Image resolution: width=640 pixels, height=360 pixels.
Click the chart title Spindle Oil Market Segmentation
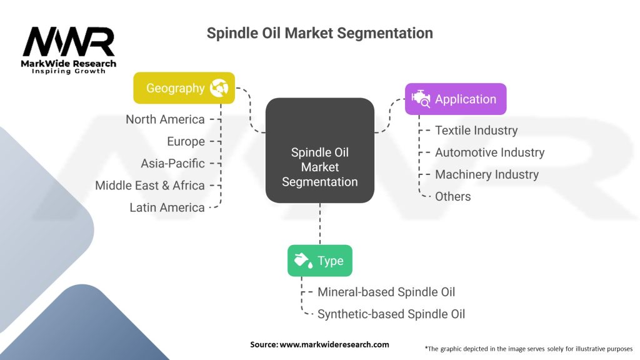tap(319, 32)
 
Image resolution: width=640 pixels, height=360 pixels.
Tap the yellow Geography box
tap(184, 88)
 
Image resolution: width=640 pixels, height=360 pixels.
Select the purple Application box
tap(456, 99)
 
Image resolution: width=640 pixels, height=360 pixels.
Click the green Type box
tap(319, 261)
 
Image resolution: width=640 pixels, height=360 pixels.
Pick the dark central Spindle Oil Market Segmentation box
tap(319, 167)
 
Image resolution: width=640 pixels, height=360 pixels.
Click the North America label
tap(165, 119)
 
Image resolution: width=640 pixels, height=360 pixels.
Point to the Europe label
tap(186, 141)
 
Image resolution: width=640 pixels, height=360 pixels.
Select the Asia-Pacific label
tap(172, 163)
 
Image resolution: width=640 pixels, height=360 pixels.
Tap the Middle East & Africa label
tap(150, 185)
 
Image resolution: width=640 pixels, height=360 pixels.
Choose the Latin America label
tap(167, 207)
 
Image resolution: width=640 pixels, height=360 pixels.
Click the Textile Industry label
tap(476, 131)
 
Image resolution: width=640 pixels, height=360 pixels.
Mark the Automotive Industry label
tap(489, 152)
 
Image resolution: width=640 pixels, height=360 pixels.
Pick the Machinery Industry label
tap(486, 174)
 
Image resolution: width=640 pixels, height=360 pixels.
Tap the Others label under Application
tap(452, 196)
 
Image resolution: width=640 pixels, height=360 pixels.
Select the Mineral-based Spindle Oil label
tap(386, 292)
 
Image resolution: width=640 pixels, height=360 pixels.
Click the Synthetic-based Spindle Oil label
tap(391, 314)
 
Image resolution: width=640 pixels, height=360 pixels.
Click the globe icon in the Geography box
tap(219, 88)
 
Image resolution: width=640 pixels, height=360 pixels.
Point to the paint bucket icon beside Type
tap(302, 261)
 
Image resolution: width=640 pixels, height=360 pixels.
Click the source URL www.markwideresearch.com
tap(334, 344)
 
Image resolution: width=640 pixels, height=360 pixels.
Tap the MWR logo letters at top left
tap(69, 42)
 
